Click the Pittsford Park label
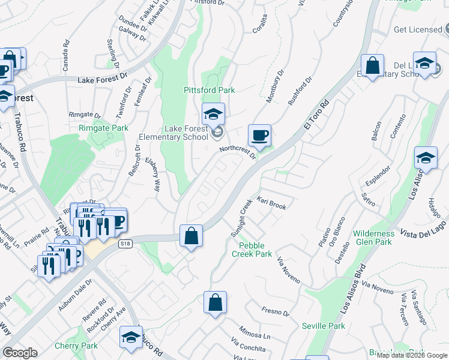209,90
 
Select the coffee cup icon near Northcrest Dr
259,135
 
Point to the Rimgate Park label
103,128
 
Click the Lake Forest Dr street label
103,77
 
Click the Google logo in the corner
20,353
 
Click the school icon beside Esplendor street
426,158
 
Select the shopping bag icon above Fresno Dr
215,303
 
